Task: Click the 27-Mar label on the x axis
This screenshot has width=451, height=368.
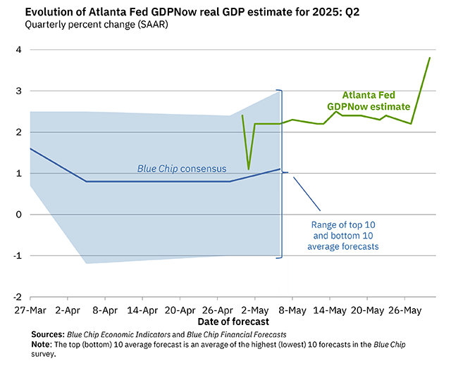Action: pyautogui.click(x=29, y=310)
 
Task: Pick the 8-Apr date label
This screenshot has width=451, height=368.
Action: pyautogui.click(x=104, y=310)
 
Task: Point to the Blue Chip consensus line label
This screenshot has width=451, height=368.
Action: pyautogui.click(x=181, y=169)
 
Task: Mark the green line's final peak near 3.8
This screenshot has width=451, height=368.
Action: pyautogui.click(x=430, y=58)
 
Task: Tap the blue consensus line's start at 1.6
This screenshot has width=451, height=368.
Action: pyautogui.click(x=30, y=148)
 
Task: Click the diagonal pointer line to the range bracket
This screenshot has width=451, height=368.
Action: pyautogui.click(x=307, y=192)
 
